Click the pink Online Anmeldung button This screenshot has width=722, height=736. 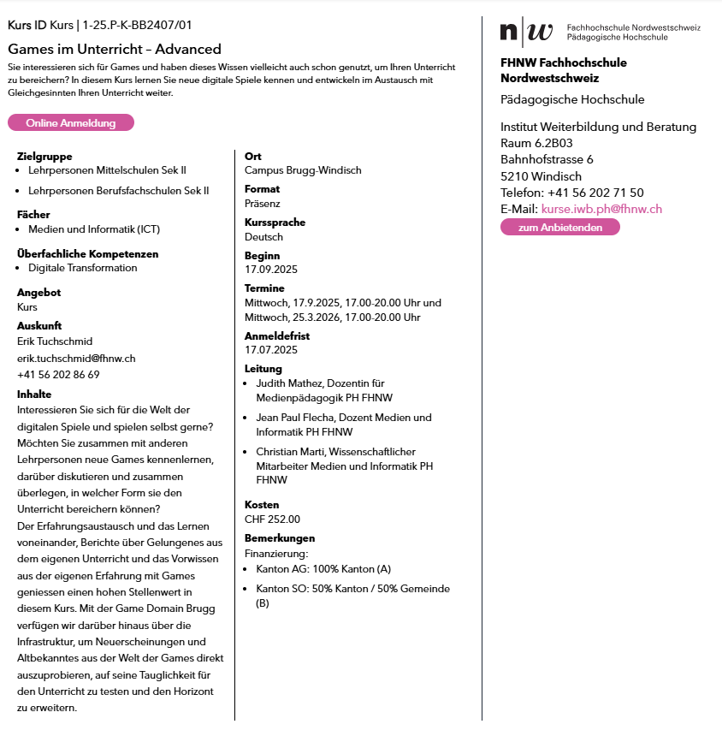(x=71, y=123)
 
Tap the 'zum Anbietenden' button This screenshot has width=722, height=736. (x=559, y=228)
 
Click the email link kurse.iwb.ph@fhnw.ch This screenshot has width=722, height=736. (x=601, y=209)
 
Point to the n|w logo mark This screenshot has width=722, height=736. (x=526, y=33)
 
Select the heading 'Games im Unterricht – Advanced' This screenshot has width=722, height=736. (x=115, y=49)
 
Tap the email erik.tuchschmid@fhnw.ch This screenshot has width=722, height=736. (x=76, y=359)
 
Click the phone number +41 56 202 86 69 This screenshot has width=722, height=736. (x=58, y=375)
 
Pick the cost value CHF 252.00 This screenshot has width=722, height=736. (x=272, y=519)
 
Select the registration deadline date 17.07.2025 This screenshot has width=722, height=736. (x=271, y=350)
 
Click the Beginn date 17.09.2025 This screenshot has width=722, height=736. (x=271, y=270)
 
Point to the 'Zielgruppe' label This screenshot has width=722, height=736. (x=44, y=157)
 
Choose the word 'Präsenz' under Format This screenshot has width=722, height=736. (x=263, y=204)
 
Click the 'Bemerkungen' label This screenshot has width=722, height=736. (x=280, y=538)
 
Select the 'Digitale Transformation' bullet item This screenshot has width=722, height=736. (x=82, y=268)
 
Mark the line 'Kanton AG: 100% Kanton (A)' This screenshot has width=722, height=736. (x=323, y=569)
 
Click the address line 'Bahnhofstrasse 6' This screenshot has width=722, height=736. (x=547, y=159)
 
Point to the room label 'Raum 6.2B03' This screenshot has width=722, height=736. (x=536, y=143)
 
